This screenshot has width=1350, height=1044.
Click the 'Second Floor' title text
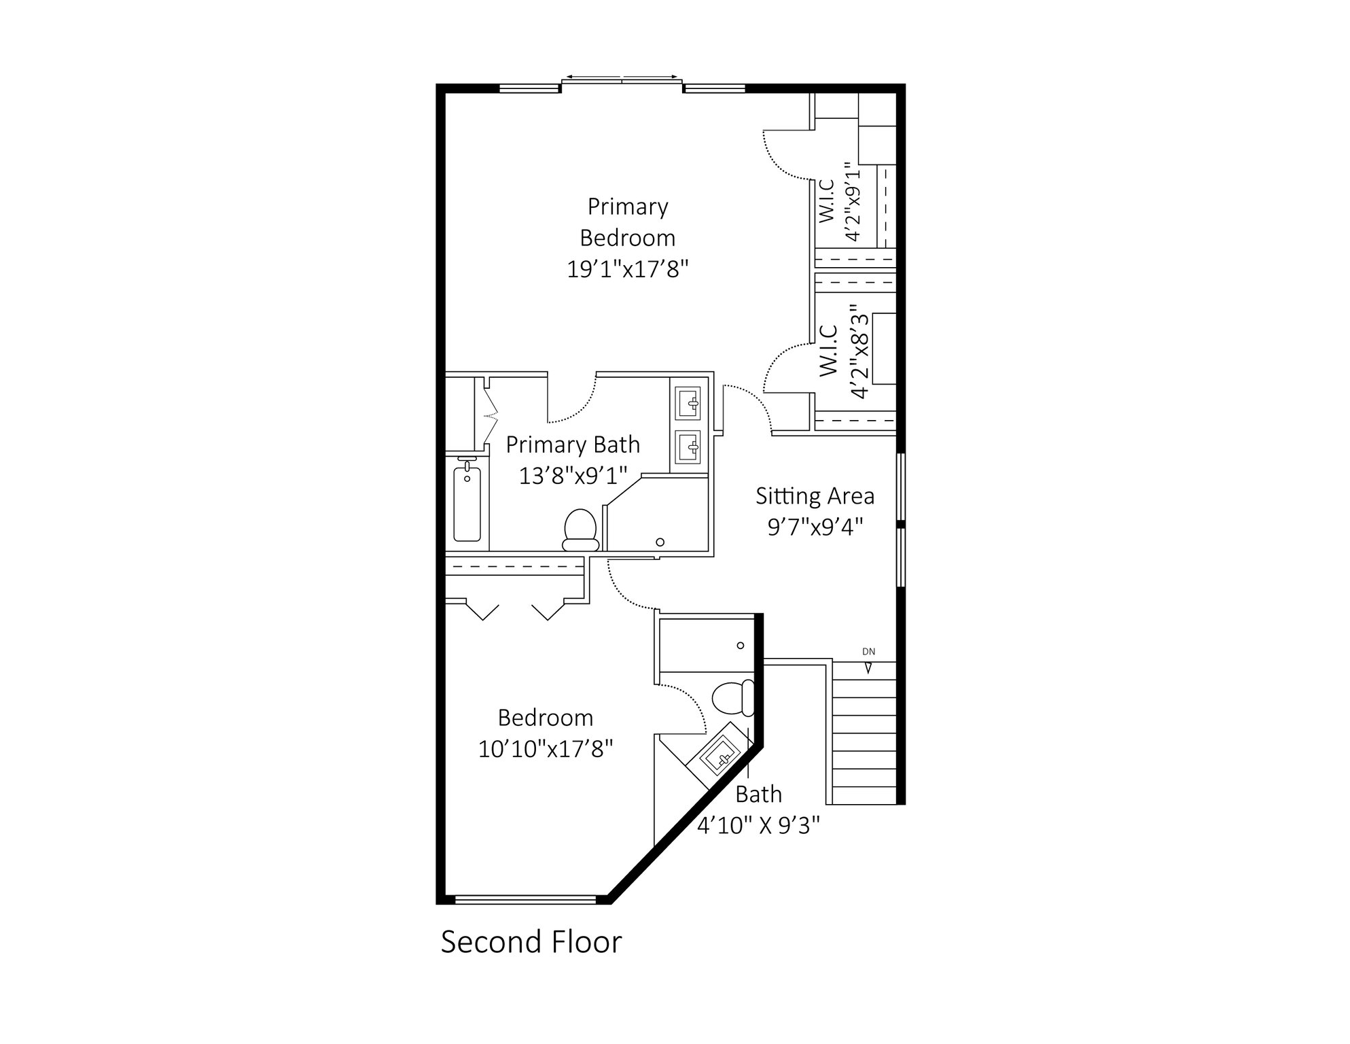point(531,942)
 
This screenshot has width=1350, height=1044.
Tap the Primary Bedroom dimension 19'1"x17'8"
point(628,269)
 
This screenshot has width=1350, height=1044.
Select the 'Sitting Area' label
point(815,496)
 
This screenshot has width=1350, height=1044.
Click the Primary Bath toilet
point(580,529)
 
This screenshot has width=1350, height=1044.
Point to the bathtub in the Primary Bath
point(467,502)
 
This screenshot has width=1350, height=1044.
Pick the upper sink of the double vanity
point(689,404)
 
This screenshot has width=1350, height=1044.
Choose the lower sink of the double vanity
point(689,447)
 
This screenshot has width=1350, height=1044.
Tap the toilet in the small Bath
point(733,697)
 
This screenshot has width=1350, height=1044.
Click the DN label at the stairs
point(868,652)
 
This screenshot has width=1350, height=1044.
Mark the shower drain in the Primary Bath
point(660,542)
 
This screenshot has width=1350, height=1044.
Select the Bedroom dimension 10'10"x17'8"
point(546,749)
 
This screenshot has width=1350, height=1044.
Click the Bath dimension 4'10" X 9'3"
point(758,825)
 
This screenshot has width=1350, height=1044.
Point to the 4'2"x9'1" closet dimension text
point(853,201)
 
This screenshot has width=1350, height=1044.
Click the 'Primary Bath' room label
point(573,445)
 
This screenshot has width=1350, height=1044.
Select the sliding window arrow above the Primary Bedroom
point(622,77)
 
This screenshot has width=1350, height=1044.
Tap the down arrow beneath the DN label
point(868,668)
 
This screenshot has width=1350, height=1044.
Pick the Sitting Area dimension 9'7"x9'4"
point(815,527)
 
